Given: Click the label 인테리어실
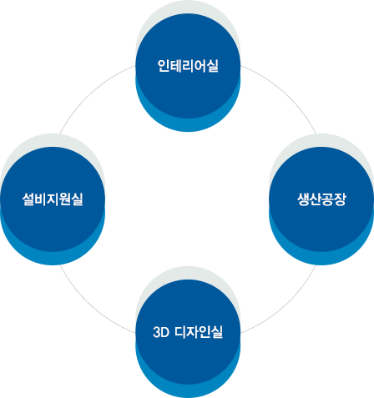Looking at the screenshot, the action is pyautogui.click(x=188, y=66).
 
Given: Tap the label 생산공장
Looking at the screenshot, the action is pyautogui.click(x=321, y=199).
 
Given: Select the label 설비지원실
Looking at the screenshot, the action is pyautogui.click(x=53, y=199).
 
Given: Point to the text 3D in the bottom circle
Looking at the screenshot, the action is pyautogui.click(x=161, y=332).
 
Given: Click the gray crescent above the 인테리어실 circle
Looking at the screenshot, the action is pyautogui.click(x=188, y=7).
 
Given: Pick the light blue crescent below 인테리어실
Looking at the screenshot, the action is pyautogui.click(x=188, y=124).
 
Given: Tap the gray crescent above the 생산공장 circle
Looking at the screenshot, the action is pyautogui.click(x=321, y=140).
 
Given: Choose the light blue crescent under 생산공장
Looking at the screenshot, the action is pyautogui.click(x=321, y=258).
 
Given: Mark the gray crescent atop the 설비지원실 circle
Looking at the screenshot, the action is pyautogui.click(x=53, y=140).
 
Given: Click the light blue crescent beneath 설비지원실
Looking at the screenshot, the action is pyautogui.click(x=53, y=258).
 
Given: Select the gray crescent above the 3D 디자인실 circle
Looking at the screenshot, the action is pyautogui.click(x=188, y=273).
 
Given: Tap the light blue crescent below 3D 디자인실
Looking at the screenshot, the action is pyautogui.click(x=188, y=390).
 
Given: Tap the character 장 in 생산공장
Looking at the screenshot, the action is pyautogui.click(x=340, y=199).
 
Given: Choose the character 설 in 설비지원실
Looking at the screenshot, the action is pyautogui.click(x=28, y=199).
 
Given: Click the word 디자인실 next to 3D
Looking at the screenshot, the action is pyautogui.click(x=199, y=332).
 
